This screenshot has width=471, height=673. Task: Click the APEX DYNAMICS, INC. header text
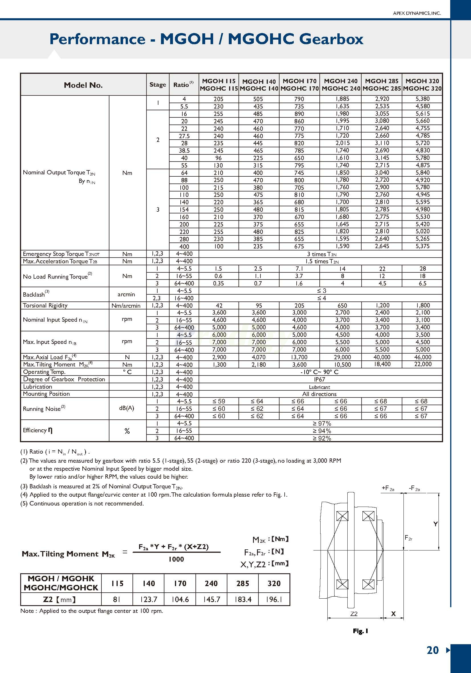pos(417,13)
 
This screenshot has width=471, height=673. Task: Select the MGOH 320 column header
pos(422,84)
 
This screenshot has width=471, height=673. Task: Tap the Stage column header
pos(158,84)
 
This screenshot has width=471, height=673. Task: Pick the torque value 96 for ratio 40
pos(218,158)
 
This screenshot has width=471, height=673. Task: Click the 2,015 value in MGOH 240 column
pos(342,143)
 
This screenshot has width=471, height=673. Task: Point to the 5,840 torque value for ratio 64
pos(422,173)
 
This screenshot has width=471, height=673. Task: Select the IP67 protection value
pos(319,379)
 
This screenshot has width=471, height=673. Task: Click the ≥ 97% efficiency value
pos(321,424)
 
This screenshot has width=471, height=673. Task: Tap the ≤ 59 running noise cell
pos(218,401)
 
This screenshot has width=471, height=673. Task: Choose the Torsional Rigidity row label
pos(45,305)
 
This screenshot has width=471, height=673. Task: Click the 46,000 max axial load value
pos(422,357)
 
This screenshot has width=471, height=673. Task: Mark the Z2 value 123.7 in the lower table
pos(149,599)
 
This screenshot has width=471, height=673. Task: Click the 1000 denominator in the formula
pos(176,559)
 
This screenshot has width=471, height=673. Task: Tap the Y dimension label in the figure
pos(436,524)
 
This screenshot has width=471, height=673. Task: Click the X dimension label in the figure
pos(393,613)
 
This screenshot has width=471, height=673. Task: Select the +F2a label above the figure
pos(388,488)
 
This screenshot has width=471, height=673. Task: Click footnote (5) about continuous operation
pos(82,503)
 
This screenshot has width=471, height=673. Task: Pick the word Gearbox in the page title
pos(331,39)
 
